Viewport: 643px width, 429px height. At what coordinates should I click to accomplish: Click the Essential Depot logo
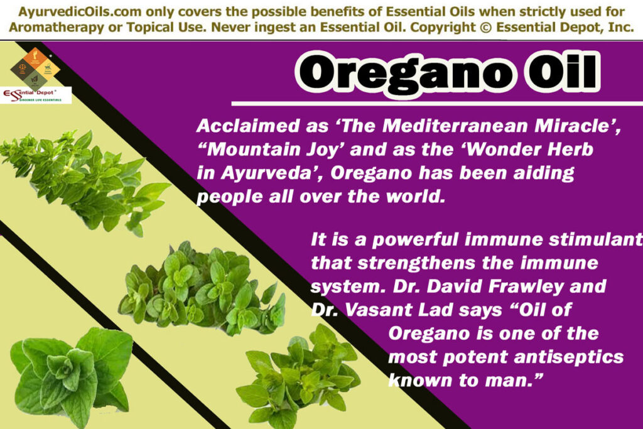pyautogui.click(x=36, y=95)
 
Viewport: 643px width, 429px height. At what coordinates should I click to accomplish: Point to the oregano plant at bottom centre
pyautogui.click(x=295, y=380)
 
